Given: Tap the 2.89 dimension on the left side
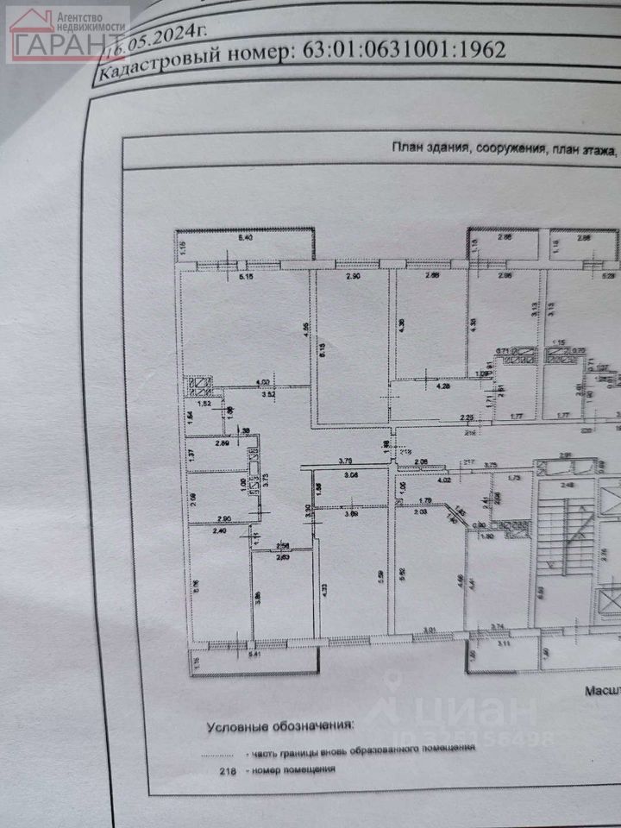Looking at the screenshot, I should coord(223,444).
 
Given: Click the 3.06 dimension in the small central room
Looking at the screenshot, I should coord(350,474).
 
